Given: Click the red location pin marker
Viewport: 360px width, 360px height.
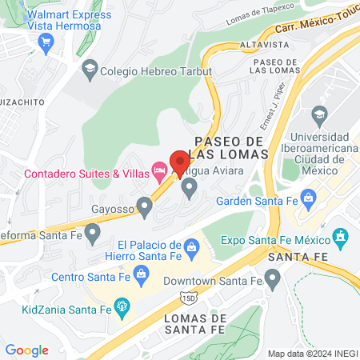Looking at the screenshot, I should point(178,158).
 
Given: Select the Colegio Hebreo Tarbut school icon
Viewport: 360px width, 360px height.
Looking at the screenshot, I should point(90,70).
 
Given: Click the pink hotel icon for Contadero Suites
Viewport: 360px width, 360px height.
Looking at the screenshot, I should point(159,171).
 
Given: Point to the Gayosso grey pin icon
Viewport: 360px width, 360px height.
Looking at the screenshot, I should point(144,208).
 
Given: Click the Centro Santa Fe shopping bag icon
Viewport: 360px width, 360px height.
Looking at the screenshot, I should point(141,275).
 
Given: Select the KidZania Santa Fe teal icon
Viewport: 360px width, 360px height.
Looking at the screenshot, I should point(122,305).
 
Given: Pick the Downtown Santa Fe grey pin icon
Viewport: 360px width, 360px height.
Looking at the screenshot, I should point(272,280).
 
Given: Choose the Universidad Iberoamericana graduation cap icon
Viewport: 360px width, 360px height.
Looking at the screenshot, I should point(321,114).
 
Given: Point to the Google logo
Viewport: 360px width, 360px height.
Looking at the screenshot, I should point(27,350).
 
